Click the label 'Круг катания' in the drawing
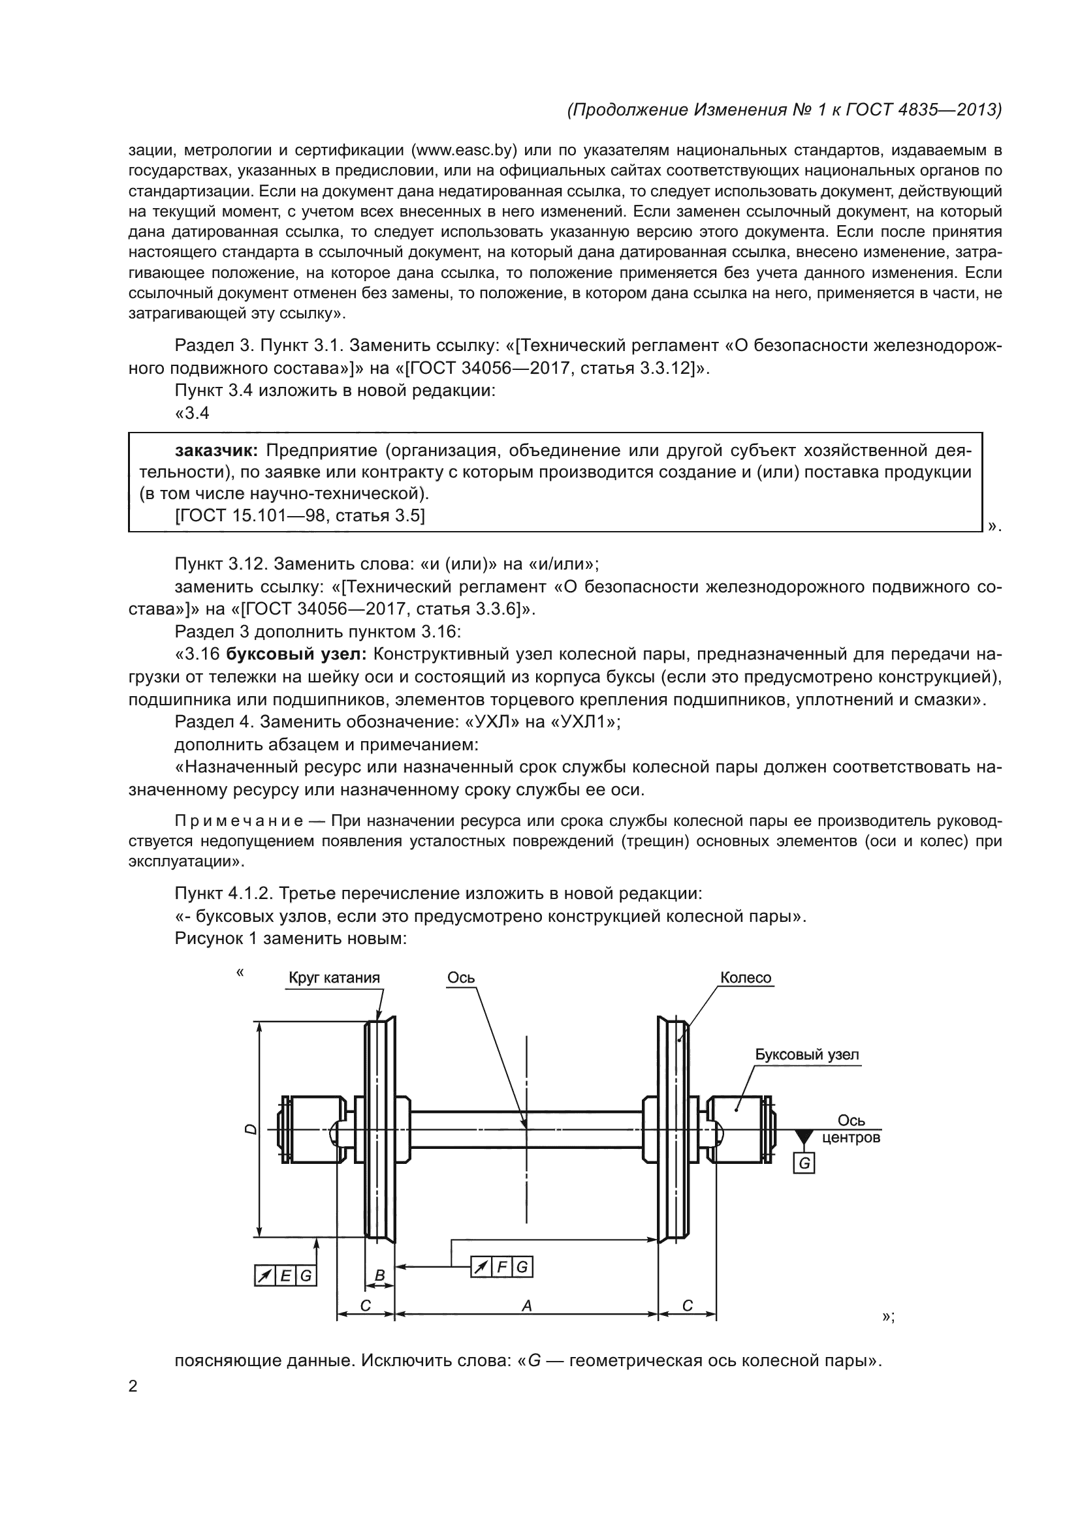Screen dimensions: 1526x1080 [334, 978]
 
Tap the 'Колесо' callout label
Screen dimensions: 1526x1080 [746, 978]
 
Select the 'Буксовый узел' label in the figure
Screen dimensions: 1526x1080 [806, 1055]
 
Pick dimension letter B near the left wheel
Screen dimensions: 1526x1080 [380, 1275]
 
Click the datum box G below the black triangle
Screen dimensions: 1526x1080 [804, 1164]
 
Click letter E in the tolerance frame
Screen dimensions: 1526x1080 [285, 1275]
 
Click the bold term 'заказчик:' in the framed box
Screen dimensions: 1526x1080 [216, 451]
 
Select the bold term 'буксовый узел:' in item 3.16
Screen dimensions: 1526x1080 [296, 654]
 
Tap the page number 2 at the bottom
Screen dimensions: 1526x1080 [133, 1386]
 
